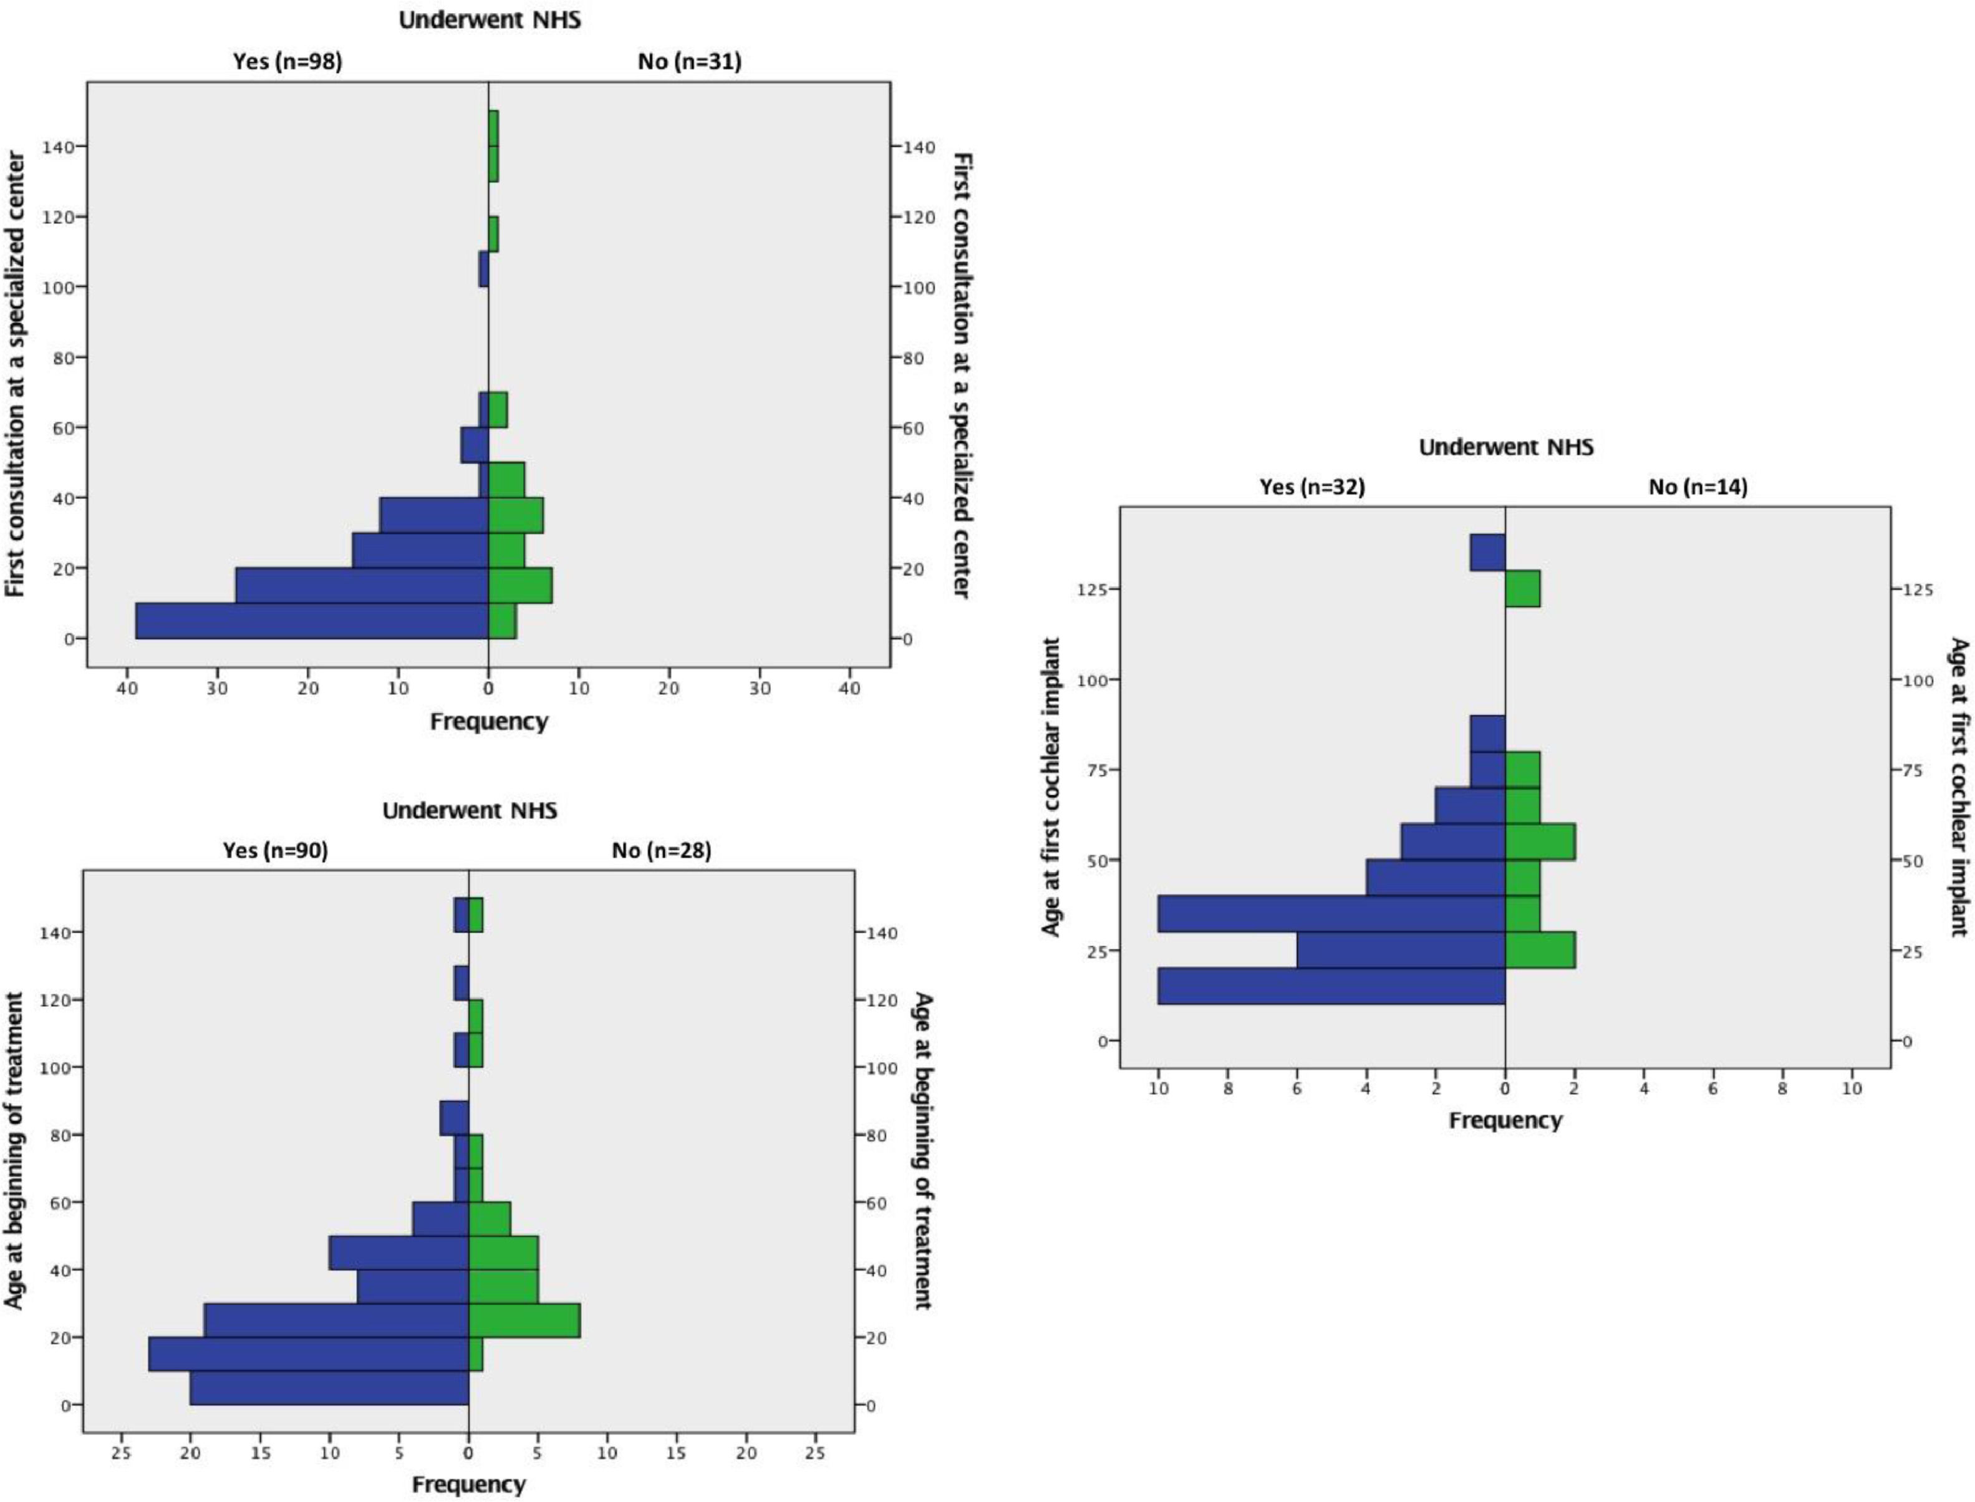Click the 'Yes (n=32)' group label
tap(1312, 487)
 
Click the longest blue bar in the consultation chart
tap(311, 621)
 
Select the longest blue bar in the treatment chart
tap(308, 1354)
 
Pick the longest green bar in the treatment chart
tap(524, 1320)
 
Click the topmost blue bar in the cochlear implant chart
tap(1487, 553)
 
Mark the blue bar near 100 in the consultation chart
tap(483, 269)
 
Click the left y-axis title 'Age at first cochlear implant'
tap(1052, 787)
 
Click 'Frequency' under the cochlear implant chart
tap(1505, 1120)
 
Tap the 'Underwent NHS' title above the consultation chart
tap(489, 20)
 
